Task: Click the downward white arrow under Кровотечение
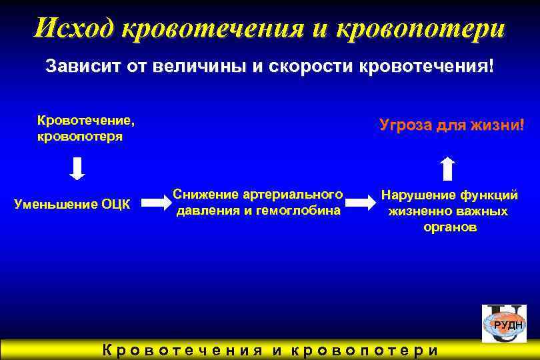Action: point(78,169)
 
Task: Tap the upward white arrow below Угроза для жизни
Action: point(449,169)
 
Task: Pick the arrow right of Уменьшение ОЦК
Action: point(157,203)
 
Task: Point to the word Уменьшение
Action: point(55,203)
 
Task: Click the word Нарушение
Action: point(418,195)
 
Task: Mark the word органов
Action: point(450,227)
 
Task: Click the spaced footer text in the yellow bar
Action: point(269,351)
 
